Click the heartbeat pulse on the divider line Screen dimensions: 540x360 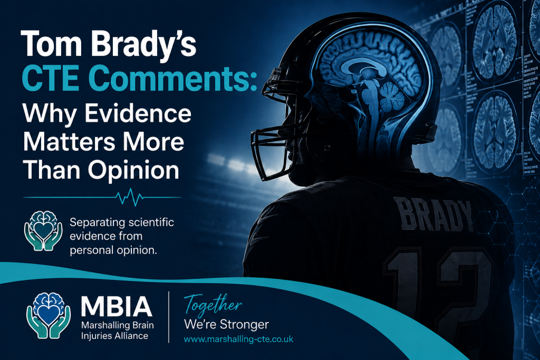point(130,197)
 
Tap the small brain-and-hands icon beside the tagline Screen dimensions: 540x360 point(43,230)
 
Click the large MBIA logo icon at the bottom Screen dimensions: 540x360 point(49,315)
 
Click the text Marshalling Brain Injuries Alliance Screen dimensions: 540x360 point(118,330)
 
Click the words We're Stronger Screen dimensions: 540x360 point(226,325)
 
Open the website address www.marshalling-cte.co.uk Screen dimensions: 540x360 point(239,339)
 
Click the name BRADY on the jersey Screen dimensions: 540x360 point(433,215)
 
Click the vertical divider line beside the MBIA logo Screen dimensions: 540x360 point(169,317)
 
